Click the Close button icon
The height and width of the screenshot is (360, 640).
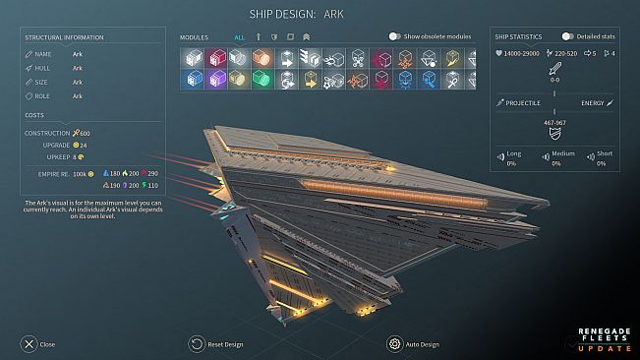coord(29,344)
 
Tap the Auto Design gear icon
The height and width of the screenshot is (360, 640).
coord(395,344)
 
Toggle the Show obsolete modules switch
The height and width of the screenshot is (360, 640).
coord(394,36)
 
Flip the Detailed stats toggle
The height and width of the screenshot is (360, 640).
coord(567,36)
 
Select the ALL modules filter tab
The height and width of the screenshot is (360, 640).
coord(240,36)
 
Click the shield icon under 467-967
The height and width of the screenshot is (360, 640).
coord(554,135)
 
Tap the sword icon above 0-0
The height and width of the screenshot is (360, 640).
coord(554,69)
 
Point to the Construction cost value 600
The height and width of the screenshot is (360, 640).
coord(85,133)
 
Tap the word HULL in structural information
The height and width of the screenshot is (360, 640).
coord(45,69)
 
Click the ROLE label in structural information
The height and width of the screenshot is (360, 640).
coord(45,96)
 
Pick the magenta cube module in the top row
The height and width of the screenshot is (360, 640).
coord(215,57)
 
